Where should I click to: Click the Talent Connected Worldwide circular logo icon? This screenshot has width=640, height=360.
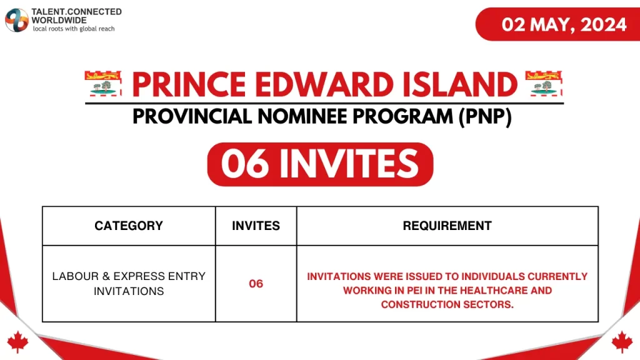(17, 20)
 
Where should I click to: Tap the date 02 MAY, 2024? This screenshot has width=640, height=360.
(564, 24)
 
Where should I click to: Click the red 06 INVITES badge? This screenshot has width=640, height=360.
(320, 164)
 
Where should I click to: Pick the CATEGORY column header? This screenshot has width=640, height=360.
(129, 226)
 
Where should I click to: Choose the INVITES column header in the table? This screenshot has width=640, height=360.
(256, 226)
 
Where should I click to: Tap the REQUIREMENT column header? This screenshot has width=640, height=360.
(447, 226)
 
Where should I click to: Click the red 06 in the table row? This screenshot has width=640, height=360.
(256, 284)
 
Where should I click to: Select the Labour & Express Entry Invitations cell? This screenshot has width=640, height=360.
(129, 284)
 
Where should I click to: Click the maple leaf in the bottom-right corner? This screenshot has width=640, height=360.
(622, 341)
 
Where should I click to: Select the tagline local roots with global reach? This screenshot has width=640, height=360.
(74, 29)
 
